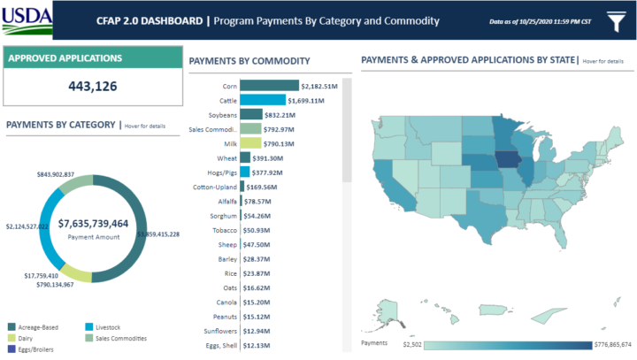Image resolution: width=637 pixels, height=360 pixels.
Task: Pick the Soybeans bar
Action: pos(251,114)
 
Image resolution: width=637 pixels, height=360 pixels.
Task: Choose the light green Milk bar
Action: pos(250,142)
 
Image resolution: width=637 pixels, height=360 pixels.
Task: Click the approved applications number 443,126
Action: pos(92,86)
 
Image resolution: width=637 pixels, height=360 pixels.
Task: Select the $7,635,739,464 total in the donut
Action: pos(94,224)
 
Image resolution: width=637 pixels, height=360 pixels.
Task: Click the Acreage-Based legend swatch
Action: pos(11,326)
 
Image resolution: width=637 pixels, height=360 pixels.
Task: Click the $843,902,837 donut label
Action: pos(55,174)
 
